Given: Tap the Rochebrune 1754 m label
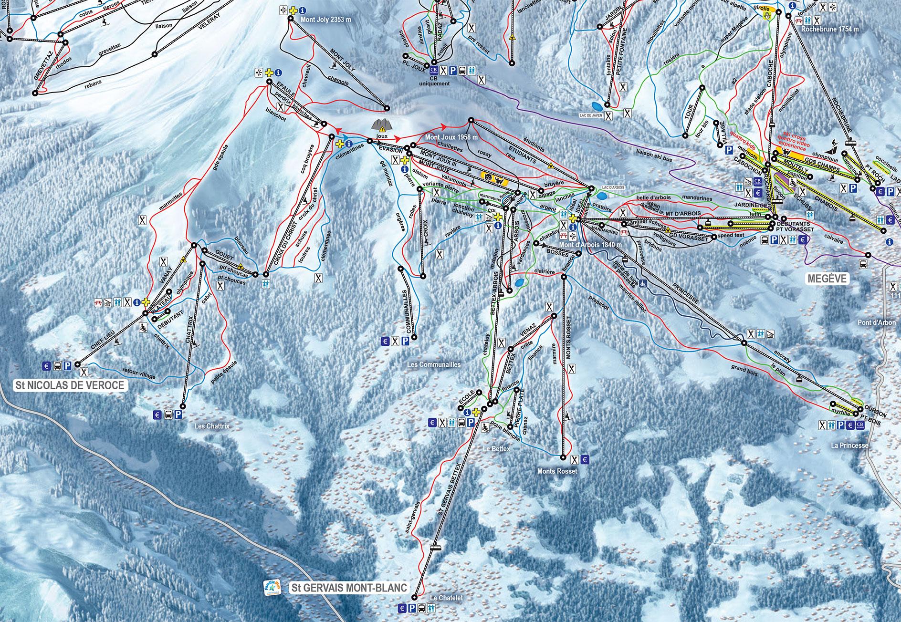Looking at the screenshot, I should point(830,29).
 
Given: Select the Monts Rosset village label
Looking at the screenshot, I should point(558,471).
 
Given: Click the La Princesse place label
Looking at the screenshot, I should point(849,446).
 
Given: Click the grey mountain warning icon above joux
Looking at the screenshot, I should point(381,124).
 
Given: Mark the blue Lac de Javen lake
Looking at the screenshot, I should point(596,105).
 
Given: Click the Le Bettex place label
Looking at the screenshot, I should point(493,449).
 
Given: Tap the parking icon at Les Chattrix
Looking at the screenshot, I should point(179,415).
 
